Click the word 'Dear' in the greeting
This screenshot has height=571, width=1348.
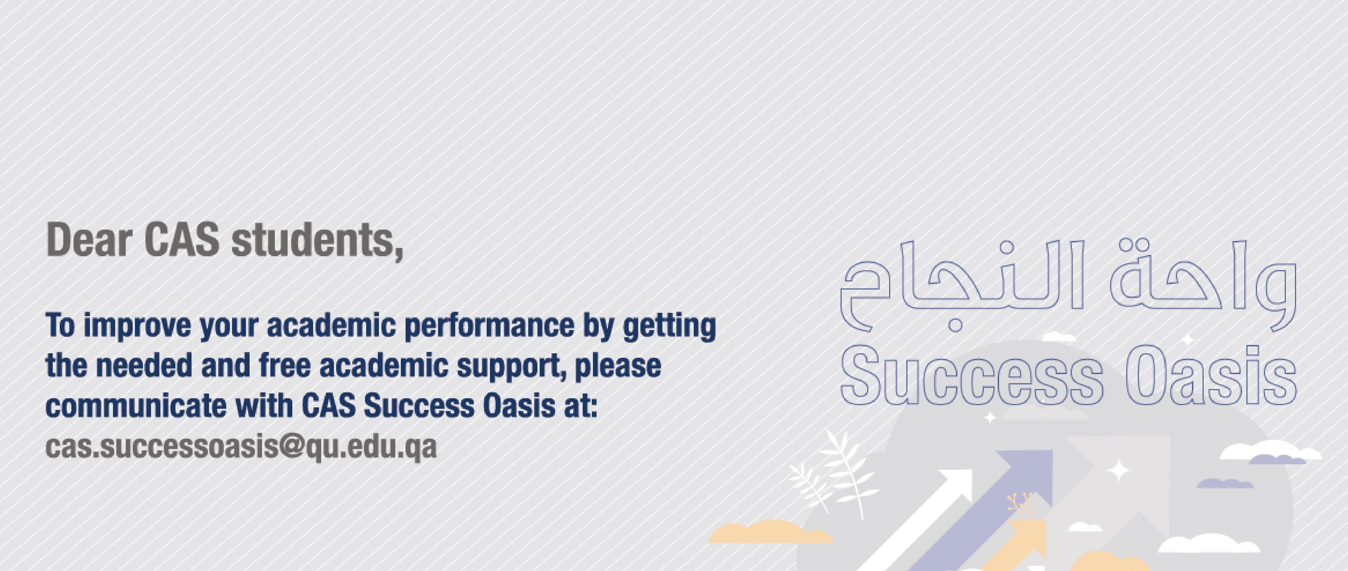click(89, 240)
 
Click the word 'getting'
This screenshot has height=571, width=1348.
click(669, 327)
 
